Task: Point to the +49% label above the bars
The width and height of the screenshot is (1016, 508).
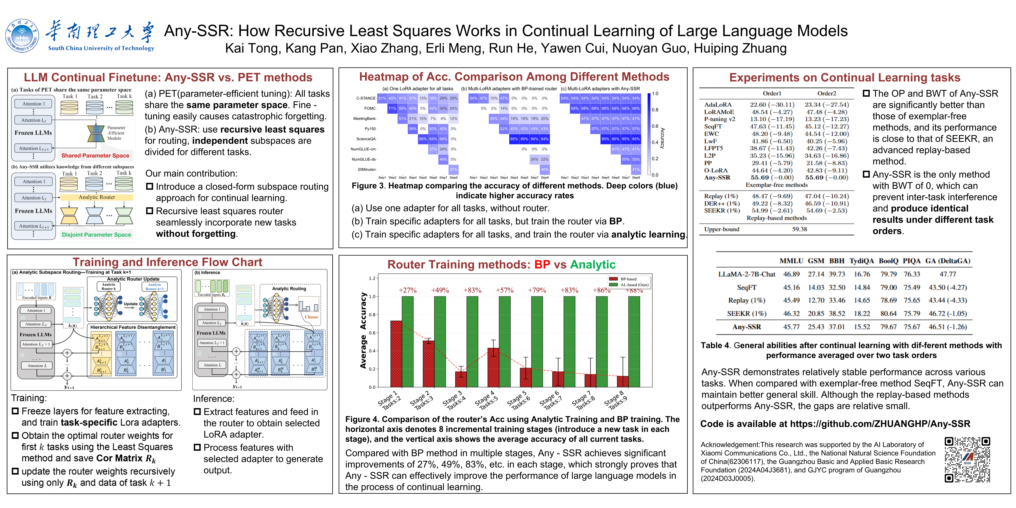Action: (440, 290)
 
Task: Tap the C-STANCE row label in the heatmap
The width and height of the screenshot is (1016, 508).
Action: (366, 98)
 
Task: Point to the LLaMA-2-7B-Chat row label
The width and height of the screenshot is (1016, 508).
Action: (747, 274)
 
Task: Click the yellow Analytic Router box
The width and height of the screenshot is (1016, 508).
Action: (97, 197)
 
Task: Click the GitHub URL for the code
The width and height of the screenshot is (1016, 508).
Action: (879, 424)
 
